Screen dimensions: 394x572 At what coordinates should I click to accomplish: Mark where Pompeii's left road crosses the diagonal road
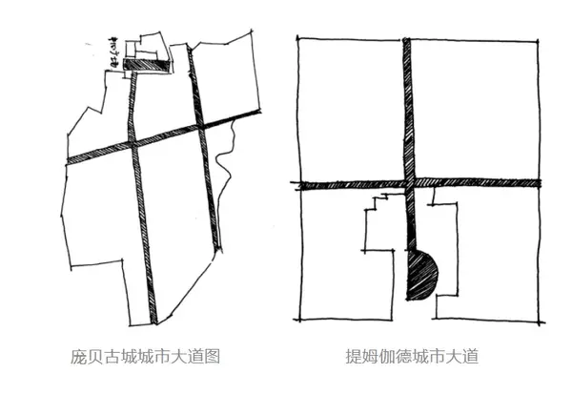click(x=135, y=144)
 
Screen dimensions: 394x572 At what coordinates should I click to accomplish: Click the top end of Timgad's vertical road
click(x=407, y=40)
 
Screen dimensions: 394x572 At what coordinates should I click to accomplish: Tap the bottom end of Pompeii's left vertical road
click(x=153, y=321)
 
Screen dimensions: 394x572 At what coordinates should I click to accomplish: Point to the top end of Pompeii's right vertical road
click(x=190, y=51)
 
